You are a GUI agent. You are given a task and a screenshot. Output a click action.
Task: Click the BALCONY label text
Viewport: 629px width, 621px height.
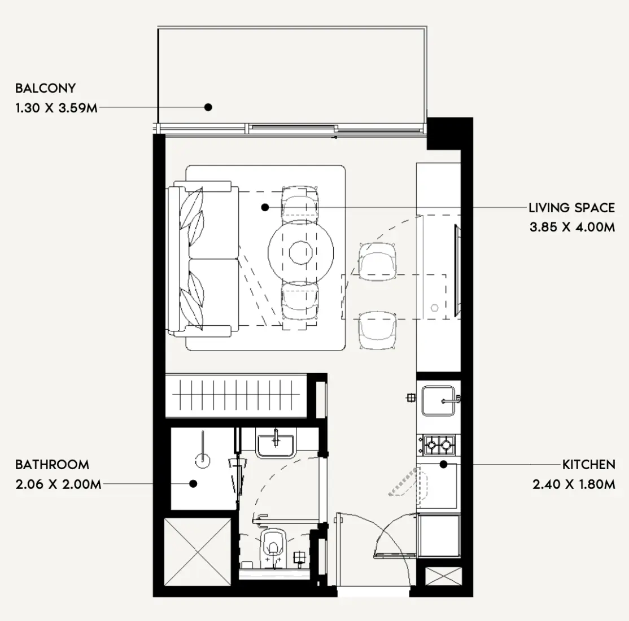(x=45, y=88)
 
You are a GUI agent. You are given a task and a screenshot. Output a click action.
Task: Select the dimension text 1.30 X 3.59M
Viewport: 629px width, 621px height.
(x=56, y=108)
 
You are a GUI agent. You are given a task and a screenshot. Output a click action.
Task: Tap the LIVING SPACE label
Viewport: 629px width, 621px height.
(x=571, y=208)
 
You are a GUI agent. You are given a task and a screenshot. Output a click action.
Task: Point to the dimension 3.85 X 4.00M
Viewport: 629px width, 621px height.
(x=572, y=227)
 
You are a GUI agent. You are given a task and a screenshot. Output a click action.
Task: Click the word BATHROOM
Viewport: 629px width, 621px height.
(x=52, y=465)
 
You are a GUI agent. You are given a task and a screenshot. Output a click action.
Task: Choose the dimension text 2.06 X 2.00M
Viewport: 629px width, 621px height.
(x=58, y=484)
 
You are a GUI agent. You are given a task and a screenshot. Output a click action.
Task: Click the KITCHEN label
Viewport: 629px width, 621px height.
(x=588, y=465)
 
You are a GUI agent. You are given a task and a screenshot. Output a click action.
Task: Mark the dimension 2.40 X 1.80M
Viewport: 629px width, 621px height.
(x=574, y=484)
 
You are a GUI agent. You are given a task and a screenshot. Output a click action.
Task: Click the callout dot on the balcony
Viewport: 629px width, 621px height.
(x=208, y=107)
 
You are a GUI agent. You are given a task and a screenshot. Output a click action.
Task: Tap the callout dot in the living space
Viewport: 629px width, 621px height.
(x=265, y=207)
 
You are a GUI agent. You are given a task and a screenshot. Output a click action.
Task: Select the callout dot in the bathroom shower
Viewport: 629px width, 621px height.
(x=193, y=484)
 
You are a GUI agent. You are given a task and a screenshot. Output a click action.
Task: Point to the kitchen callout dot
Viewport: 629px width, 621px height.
(x=443, y=465)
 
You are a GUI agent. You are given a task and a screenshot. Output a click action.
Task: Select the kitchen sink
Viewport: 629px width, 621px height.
(x=439, y=400)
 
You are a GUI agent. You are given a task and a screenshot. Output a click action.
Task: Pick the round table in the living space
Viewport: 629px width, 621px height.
(x=301, y=253)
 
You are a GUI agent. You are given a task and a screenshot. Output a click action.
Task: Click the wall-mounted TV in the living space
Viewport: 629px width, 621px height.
(x=457, y=270)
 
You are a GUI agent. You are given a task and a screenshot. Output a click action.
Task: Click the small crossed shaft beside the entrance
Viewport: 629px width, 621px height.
(x=443, y=576)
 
